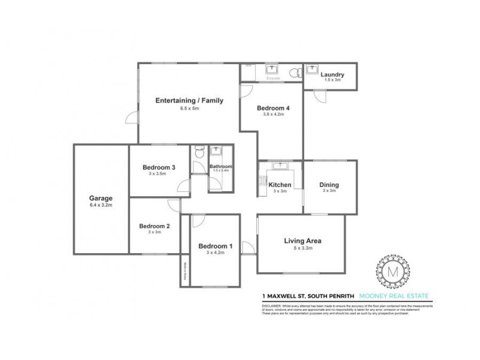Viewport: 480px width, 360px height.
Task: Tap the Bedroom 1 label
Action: pos(215,246)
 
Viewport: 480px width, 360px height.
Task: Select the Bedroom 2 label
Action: pos(155,226)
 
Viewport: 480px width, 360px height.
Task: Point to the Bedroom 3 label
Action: pos(158,167)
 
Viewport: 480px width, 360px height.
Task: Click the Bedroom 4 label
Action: pos(274,108)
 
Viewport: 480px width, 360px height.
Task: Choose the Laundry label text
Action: pos(332,74)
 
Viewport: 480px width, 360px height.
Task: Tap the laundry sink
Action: pos(311,70)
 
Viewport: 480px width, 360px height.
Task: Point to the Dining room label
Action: pos(329,185)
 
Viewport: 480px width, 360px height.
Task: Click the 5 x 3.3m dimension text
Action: pos(303,249)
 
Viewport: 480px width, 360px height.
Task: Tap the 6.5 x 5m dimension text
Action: pos(190,109)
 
